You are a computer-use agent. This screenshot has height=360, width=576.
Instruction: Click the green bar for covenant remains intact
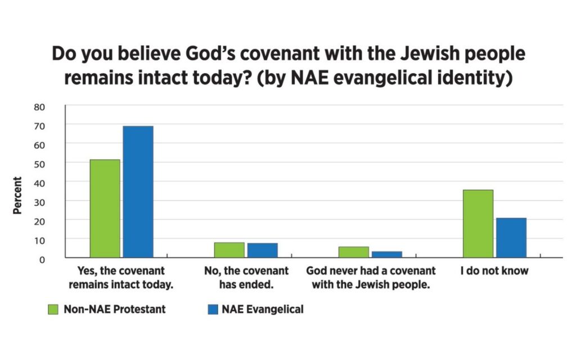pyautogui.click(x=105, y=209)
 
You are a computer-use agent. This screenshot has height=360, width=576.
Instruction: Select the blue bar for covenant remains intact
pyautogui.click(x=138, y=192)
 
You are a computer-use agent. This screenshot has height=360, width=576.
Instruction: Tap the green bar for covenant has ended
pyautogui.click(x=229, y=250)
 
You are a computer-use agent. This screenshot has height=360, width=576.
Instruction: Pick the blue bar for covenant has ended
pyautogui.click(x=262, y=250)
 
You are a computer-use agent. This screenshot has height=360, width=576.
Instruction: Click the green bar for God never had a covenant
pyautogui.click(x=354, y=252)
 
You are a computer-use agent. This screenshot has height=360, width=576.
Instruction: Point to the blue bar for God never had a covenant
pyautogui.click(x=386, y=254)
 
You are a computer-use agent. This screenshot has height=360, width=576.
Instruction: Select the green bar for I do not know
pyautogui.click(x=478, y=224)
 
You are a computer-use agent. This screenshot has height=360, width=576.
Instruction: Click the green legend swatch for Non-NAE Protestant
pyautogui.click(x=53, y=309)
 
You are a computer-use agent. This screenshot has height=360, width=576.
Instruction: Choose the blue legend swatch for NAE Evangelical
pyautogui.click(x=212, y=309)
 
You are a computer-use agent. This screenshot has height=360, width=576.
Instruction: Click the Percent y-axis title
pyautogui.click(x=18, y=195)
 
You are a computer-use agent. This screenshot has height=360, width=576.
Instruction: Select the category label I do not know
pyautogui.click(x=494, y=271)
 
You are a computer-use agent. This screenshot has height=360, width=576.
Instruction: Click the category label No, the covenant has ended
pyautogui.click(x=246, y=277)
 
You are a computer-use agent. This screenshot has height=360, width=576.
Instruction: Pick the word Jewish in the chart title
pyautogui.click(x=407, y=54)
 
